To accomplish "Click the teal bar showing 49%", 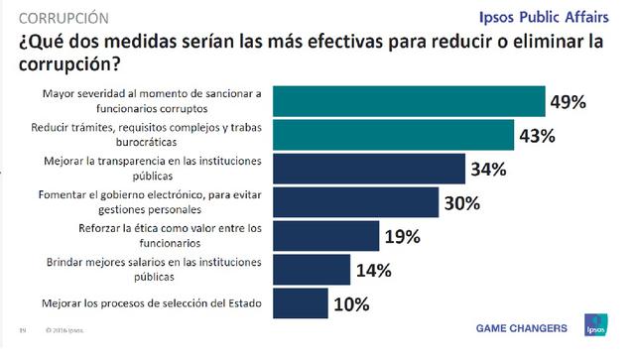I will tap(408, 102).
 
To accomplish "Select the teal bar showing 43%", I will tap(392, 136).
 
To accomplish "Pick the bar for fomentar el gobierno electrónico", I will tap(354, 202).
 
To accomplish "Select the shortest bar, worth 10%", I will tap(301, 303).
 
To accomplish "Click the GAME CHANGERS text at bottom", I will tap(522, 328).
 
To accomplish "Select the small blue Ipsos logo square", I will tap(594, 328).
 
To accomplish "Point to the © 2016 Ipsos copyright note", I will tap(63, 330).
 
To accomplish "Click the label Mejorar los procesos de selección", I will tap(152, 303).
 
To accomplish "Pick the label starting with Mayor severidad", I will tap(152, 101).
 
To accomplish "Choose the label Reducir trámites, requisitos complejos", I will tap(152, 136).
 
